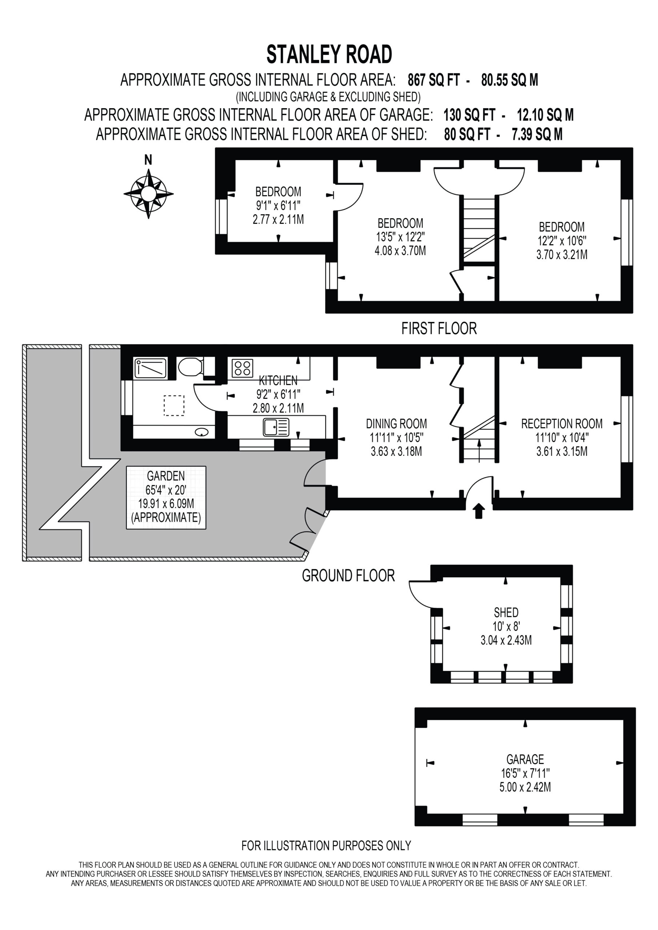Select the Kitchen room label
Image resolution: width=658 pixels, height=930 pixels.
tap(278, 380)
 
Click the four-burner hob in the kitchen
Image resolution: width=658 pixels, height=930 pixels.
tap(242, 368)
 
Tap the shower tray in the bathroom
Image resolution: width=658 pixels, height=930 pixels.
tap(150, 368)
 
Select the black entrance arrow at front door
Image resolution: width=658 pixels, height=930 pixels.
tap(479, 511)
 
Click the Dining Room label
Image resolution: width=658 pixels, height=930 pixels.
tap(396, 424)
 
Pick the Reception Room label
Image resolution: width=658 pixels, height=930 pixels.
tap(562, 424)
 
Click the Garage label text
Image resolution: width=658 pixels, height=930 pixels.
tap(525, 759)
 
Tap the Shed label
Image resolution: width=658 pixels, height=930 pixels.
tap(506, 612)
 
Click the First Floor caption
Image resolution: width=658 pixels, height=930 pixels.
tap(439, 328)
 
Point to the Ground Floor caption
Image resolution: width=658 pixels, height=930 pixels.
tap(348, 575)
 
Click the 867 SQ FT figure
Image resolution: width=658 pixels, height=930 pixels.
tap(434, 80)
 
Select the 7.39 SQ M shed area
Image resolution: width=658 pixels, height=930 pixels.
tap(537, 134)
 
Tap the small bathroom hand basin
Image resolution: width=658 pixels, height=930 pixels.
tap(201, 432)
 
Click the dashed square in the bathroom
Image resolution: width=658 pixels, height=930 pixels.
tap(174, 405)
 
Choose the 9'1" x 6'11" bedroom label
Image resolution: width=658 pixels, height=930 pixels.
tap(278, 205)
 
